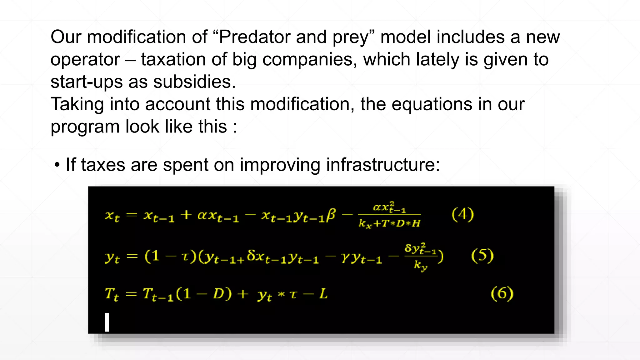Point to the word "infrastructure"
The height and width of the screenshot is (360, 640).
(x=380, y=165)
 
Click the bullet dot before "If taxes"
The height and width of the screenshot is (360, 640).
(x=57, y=165)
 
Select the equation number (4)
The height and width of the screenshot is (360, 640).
(x=463, y=214)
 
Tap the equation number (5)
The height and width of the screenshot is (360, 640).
(x=482, y=256)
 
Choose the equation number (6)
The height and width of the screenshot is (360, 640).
(x=502, y=294)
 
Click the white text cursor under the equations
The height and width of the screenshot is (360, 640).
(x=107, y=322)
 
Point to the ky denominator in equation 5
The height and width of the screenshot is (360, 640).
(x=420, y=265)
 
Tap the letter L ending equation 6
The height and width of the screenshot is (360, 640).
(x=323, y=294)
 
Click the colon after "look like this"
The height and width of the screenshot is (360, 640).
(x=235, y=127)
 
